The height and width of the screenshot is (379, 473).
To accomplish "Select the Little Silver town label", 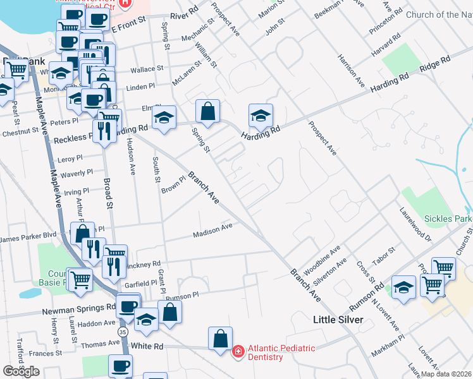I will coord(338,320).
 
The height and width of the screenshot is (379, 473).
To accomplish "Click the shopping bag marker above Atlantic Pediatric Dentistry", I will coord(220,339).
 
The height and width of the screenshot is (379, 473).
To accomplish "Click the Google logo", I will coord(21,371).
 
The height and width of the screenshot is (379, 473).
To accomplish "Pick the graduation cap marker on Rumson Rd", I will coord(403,288).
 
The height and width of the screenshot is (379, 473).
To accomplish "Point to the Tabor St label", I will coord(383,256).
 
